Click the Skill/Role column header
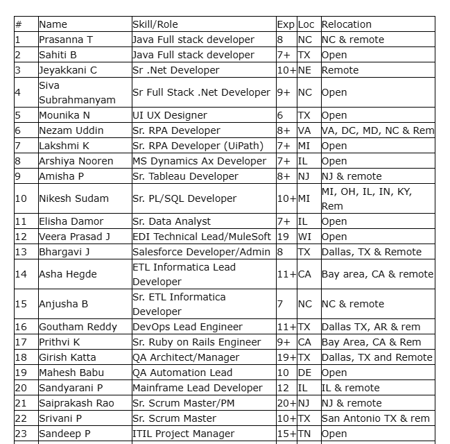[155, 24]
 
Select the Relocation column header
[347, 24]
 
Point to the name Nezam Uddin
[71, 130]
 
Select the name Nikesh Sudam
[73, 198]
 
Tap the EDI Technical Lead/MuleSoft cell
[202, 237]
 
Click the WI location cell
[304, 237]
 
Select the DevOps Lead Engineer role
[187, 327]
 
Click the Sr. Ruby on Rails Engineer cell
[196, 342]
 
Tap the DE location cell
[304, 373]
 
